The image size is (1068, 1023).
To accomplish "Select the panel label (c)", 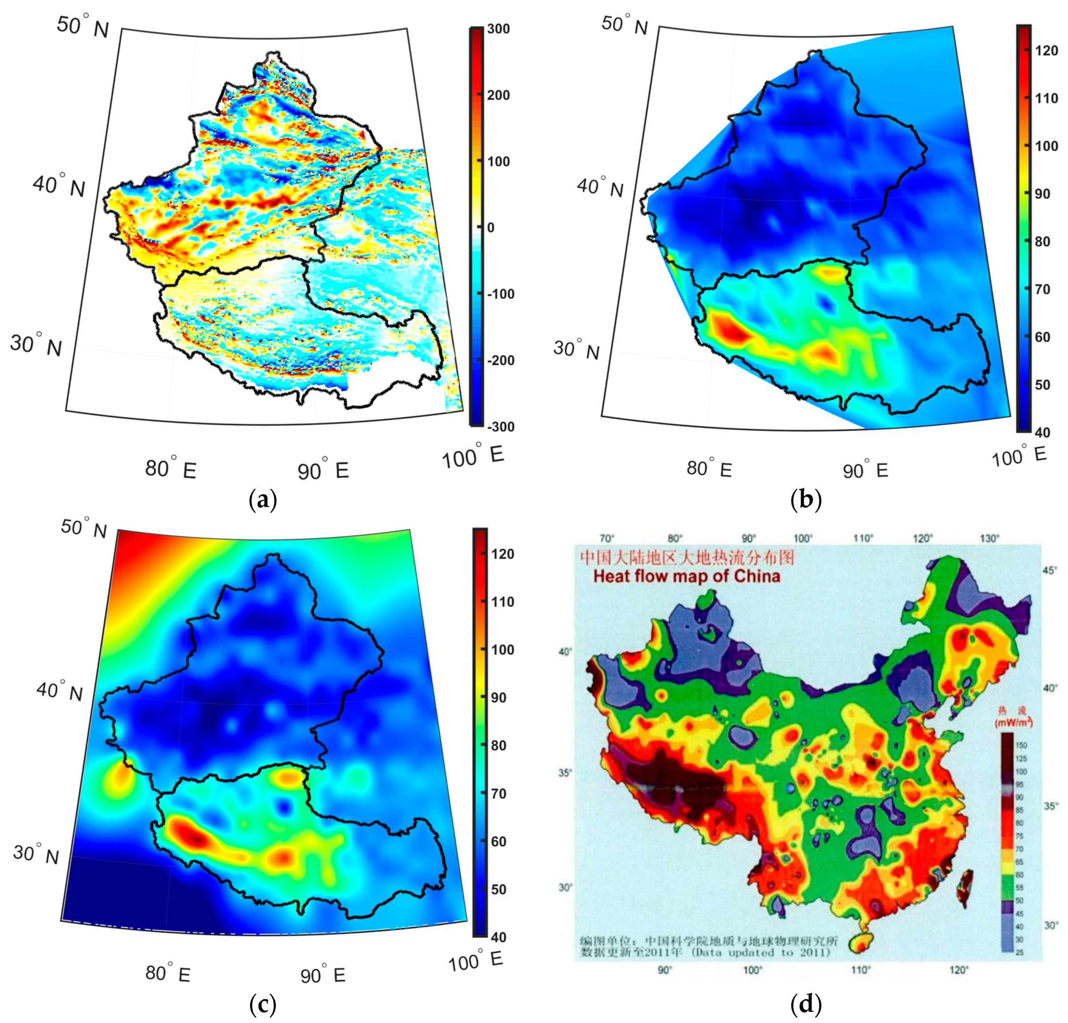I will coord(262,1003).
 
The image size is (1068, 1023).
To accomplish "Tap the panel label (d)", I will coord(806,1003).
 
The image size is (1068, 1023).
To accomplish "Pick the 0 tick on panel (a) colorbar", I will coord(490,228).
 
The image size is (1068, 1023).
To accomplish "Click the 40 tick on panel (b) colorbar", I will coord(1042,432).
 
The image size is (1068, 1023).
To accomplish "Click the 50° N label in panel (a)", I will coord(83,26).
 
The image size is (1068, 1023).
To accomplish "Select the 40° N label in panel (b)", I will coord(600,187).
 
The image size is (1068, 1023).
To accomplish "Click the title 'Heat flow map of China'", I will coord(687,576).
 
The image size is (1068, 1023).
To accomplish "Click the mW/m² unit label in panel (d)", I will coord(1013,723).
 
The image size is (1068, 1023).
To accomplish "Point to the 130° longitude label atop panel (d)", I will coord(989,538).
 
